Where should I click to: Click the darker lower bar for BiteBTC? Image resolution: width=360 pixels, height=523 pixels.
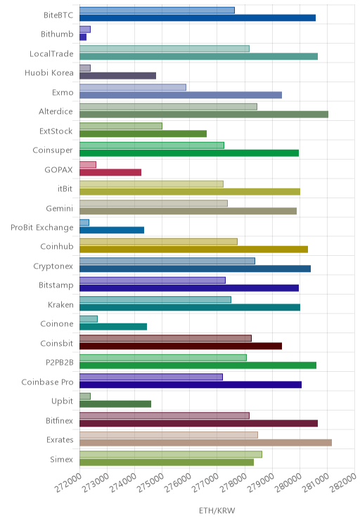[x=198, y=18]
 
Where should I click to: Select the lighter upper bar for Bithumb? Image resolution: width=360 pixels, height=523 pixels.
[x=85, y=30]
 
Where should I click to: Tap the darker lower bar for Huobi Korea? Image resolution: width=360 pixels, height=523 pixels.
[x=118, y=76]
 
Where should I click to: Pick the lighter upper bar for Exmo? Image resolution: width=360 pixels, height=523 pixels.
[x=133, y=87]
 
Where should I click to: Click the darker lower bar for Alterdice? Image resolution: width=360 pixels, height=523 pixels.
[x=204, y=115]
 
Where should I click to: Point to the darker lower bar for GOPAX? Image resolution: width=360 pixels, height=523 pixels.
[x=110, y=172]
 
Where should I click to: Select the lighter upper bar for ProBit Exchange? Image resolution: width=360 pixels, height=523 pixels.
[x=84, y=222]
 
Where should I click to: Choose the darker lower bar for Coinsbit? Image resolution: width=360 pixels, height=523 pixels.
[x=181, y=346]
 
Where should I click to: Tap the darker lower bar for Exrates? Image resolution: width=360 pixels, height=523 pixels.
[x=205, y=443]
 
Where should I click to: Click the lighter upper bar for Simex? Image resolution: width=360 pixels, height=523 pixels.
[x=171, y=454]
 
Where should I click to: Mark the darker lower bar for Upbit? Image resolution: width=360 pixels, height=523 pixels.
[x=115, y=404]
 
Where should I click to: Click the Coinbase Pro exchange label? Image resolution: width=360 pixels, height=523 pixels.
[x=47, y=382]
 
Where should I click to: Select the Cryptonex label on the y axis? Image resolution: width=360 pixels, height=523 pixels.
[x=53, y=266]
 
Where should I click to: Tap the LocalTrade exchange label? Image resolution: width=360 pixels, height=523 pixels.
[x=51, y=53]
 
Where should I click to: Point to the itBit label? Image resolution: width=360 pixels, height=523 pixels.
[x=65, y=189]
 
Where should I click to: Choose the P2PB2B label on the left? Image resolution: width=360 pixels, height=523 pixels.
[x=60, y=363]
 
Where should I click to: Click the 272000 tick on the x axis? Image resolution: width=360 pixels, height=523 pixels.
[x=68, y=483]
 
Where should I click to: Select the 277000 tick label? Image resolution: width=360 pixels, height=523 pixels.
[x=205, y=483]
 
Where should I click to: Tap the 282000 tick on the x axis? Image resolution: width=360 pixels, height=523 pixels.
[x=343, y=483]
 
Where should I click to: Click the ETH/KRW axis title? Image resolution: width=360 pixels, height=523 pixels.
[x=217, y=510]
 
